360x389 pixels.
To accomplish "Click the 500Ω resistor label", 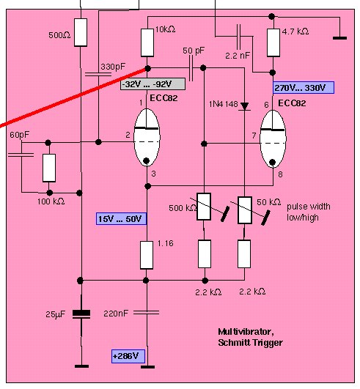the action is [x=59, y=35].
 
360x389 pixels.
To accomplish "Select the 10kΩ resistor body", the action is [x=147, y=42].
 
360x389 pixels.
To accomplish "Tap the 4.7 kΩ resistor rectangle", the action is [x=273, y=42].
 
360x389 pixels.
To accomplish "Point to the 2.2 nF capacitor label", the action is [x=238, y=56].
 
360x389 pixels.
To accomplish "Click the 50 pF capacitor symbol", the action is [x=191, y=67].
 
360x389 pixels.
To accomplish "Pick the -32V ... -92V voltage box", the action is [x=153, y=84].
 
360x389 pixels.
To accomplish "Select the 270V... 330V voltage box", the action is [x=304, y=88].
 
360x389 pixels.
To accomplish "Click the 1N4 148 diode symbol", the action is [x=245, y=106].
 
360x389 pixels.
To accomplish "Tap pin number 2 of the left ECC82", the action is [x=128, y=135].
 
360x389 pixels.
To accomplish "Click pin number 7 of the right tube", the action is [x=254, y=136].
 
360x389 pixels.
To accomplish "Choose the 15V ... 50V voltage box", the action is [x=121, y=219].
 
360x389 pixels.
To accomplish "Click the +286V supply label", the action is [x=128, y=356].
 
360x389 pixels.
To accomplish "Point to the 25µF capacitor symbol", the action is [x=81, y=314].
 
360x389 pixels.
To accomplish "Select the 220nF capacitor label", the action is [x=116, y=314].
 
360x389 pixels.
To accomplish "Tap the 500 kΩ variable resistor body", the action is [x=204, y=207].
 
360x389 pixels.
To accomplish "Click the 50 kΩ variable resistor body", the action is [x=245, y=210].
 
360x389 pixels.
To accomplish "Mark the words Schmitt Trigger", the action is [x=250, y=343].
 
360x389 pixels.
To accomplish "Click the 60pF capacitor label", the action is [x=19, y=135].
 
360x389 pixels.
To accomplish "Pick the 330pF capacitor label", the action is [x=113, y=67].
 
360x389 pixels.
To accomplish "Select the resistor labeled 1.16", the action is [x=147, y=255].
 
